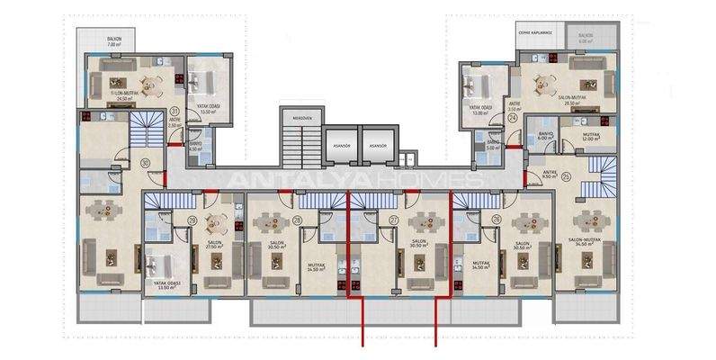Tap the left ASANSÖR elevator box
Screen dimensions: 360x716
(339, 144)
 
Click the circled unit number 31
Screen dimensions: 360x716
(175, 112)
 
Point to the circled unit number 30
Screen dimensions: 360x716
(146, 162)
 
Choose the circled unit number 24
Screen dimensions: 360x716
(512, 118)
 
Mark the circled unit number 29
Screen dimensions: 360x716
(192, 220)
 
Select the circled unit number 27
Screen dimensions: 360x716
(393, 220)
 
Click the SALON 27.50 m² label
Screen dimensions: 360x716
(214, 244)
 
